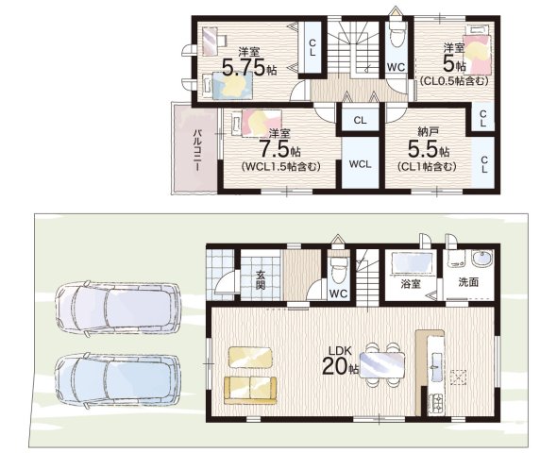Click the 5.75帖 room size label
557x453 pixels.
[x=249, y=67]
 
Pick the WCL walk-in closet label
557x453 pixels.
[x=360, y=164]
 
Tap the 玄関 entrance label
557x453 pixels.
[x=262, y=280]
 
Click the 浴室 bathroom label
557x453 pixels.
[x=411, y=284]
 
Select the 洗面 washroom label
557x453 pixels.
[x=468, y=282]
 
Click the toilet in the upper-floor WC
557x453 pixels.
[x=397, y=35]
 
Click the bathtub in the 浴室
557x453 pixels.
[x=412, y=262]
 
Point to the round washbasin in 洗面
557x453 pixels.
[x=481, y=259]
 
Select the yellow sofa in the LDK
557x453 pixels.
[x=250, y=390]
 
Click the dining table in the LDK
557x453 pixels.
[x=381, y=365]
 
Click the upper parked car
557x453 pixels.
[x=119, y=308]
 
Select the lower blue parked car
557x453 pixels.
[x=117, y=380]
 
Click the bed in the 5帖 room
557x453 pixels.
[x=478, y=53]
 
